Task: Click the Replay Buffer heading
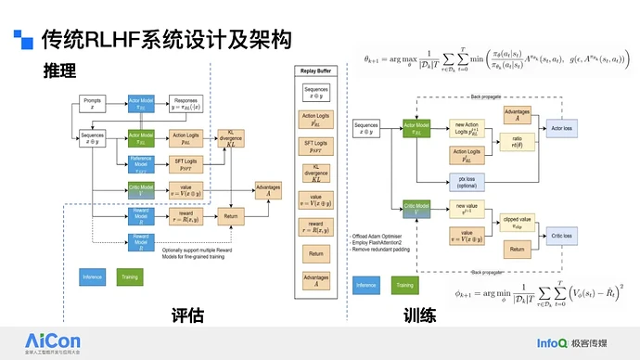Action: (316, 71)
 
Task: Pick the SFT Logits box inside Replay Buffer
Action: (316, 148)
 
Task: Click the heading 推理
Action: (60, 71)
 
